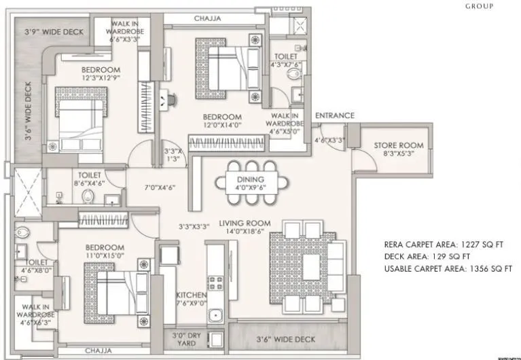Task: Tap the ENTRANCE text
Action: (x=335, y=115)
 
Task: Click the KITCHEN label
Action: (x=191, y=295)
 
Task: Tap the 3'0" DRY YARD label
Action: (x=181, y=338)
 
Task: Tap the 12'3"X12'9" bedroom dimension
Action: (x=101, y=79)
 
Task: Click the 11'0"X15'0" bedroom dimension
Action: (x=105, y=257)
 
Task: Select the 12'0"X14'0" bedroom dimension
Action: (x=223, y=126)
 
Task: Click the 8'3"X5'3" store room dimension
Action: (x=399, y=154)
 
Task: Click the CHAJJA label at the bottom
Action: (x=100, y=351)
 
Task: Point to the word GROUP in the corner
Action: (x=479, y=6)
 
